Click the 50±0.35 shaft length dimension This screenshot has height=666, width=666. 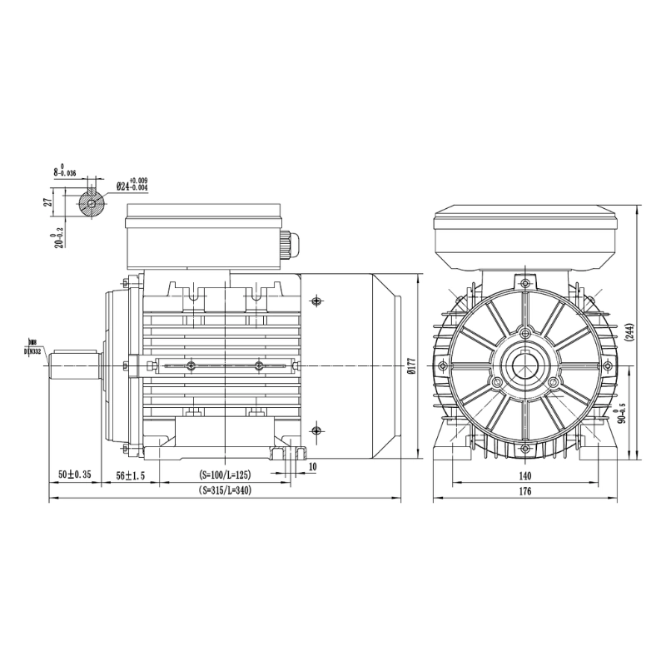click(74, 474)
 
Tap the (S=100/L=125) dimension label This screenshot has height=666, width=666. click(225, 474)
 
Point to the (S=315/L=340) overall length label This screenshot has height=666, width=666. click(225, 490)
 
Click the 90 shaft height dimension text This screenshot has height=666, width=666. click(622, 411)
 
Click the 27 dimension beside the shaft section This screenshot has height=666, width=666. click(50, 197)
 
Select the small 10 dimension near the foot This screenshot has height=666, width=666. click(313, 468)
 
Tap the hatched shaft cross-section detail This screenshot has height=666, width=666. click(89, 202)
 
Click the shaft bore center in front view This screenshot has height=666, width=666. click(524, 364)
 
